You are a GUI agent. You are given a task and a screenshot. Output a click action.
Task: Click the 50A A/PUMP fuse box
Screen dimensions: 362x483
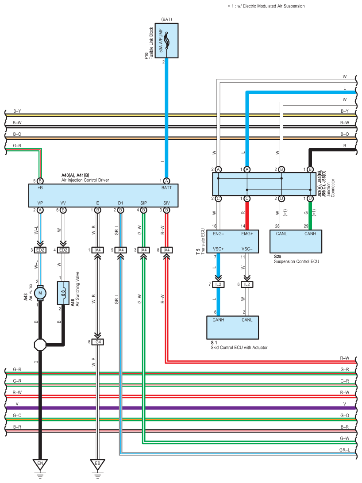tap(166, 41)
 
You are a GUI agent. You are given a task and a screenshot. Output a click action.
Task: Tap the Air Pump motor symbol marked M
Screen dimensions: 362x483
tap(40, 293)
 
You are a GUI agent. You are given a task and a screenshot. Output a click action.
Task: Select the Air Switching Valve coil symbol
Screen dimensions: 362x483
tap(63, 293)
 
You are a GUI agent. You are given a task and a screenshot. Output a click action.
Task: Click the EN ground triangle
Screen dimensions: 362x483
tap(40, 464)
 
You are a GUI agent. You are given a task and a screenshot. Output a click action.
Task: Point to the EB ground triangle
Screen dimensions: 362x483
tap(98, 464)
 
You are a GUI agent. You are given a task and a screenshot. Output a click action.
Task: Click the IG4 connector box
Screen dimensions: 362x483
tap(98, 342)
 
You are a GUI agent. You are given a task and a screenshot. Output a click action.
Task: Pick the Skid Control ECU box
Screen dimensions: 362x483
tap(233, 327)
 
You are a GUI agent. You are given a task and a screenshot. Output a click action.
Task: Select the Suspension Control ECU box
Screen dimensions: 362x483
tap(296, 241)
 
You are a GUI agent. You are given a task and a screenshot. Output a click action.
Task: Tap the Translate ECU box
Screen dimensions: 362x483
tap(233, 241)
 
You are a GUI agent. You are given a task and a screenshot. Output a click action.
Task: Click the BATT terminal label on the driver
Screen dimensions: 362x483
tap(167, 188)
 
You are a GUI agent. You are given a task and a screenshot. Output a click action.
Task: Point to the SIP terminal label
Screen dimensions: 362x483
tap(143, 203)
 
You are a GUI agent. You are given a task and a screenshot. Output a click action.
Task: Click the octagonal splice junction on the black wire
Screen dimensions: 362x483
tap(40, 345)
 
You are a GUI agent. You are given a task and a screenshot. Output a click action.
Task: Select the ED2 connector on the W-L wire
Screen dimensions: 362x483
tap(40, 250)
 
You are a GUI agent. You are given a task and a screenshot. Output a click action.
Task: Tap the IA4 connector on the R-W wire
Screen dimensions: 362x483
tap(167, 250)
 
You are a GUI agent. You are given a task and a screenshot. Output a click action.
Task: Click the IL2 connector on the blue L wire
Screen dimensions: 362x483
tap(219, 284)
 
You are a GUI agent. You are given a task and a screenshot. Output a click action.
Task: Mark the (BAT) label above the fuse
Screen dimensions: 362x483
tap(167, 19)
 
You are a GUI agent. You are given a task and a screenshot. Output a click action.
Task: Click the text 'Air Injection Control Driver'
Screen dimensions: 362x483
tap(85, 180)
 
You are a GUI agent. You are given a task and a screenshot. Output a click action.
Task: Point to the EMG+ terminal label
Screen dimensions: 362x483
tap(247, 234)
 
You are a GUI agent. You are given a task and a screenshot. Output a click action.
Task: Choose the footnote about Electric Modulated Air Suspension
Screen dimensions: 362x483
tap(266, 6)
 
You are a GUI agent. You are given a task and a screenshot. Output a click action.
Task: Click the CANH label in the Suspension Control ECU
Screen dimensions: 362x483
tap(310, 234)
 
